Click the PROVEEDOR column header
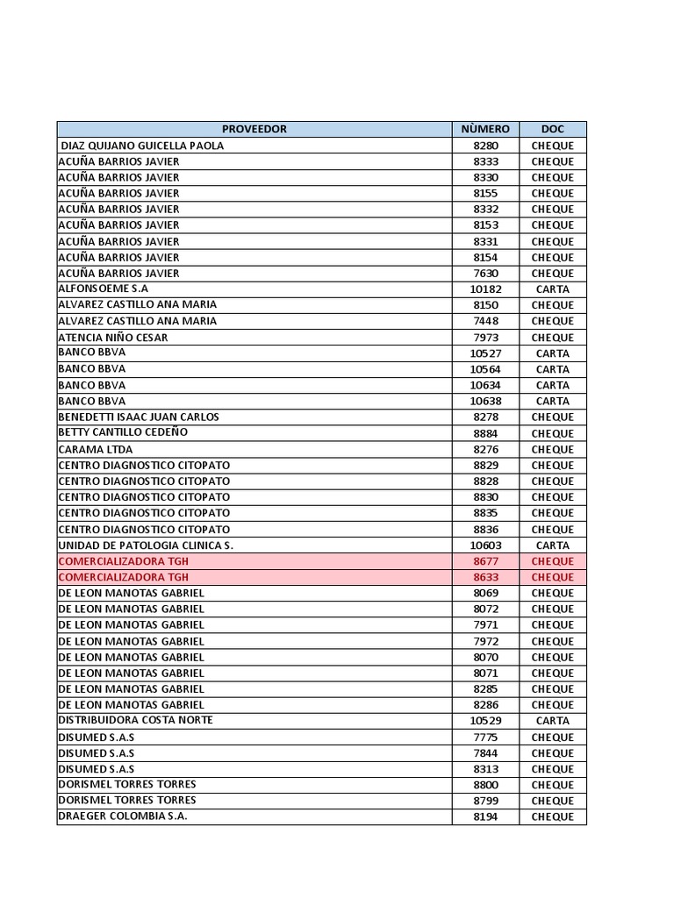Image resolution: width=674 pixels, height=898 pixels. [x=254, y=129]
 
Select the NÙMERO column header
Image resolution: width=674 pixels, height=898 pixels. [x=485, y=129]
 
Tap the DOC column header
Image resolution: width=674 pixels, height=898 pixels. [x=552, y=129]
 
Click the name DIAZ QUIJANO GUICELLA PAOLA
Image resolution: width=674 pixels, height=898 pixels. [x=142, y=146]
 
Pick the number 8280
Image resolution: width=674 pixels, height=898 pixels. [x=485, y=146]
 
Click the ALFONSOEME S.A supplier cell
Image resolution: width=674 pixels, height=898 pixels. [x=104, y=289]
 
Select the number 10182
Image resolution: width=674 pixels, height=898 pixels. [x=485, y=289]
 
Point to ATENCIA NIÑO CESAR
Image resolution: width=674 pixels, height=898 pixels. [x=113, y=337]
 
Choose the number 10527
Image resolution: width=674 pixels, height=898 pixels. [x=485, y=353]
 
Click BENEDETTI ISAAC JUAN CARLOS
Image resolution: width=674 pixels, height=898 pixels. [x=139, y=417]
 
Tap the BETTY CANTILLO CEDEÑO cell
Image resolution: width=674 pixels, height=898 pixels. [x=123, y=432]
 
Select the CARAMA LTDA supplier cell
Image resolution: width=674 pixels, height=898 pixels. [x=96, y=449]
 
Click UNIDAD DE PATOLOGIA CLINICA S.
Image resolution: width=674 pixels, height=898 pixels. [x=146, y=545]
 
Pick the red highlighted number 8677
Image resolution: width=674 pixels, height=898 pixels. [x=485, y=561]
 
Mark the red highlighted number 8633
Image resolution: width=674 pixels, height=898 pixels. [x=485, y=577]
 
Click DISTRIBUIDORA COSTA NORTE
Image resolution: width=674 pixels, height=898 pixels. [x=136, y=720]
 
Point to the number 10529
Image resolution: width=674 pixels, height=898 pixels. [x=485, y=721]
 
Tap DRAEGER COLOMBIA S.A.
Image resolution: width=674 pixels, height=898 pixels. [x=123, y=816]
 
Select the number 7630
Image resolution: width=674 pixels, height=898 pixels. [x=485, y=274]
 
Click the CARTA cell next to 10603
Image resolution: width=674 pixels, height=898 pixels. [x=552, y=545]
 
